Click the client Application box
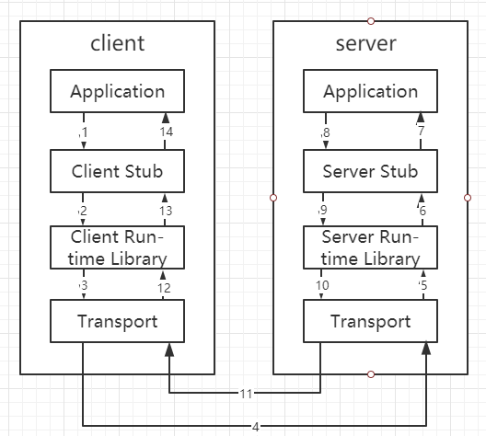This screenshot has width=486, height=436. point(118,92)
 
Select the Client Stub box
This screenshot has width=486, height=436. point(118,171)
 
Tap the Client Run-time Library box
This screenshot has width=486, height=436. point(118,247)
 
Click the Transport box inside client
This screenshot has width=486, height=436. point(118,321)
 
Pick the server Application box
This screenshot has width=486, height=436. point(371,92)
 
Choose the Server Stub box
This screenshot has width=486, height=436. point(371,171)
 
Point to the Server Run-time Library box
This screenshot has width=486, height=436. point(371,247)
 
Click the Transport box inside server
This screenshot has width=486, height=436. point(371,321)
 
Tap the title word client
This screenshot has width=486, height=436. point(118,43)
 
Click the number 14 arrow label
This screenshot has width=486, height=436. point(166,132)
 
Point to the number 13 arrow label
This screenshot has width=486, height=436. point(166,212)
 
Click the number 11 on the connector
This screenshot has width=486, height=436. point(246,394)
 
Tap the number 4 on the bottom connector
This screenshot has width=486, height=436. point(254,426)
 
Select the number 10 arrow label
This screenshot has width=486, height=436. point(322,286)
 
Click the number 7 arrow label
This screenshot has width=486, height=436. point(422,132)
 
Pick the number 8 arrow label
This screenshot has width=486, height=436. point(325,133)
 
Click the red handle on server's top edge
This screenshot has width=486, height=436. point(371,19)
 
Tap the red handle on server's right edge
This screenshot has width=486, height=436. point(468,197)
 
